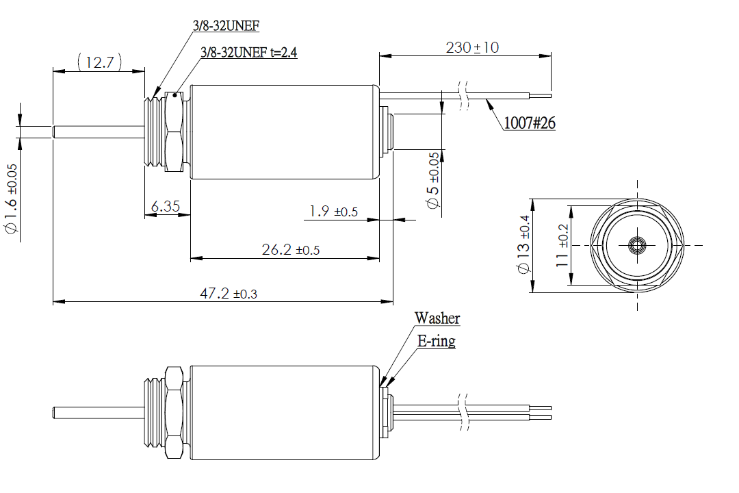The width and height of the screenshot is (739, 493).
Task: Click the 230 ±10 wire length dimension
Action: tap(472, 48)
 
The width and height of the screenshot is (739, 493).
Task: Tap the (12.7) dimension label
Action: tap(100, 63)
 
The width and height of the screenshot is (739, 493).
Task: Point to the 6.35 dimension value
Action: tap(166, 206)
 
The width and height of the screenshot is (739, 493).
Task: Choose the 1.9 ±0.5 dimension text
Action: tap(333, 212)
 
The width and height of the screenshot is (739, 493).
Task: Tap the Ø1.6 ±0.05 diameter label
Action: tap(12, 200)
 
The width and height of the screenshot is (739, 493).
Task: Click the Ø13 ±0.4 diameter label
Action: tap(525, 245)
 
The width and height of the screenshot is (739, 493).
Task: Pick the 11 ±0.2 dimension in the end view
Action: tap(562, 245)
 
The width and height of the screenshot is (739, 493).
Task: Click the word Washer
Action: tap(437, 318)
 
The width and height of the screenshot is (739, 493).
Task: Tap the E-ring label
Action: tap(437, 340)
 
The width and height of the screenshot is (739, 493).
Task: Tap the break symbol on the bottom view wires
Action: tap(465, 413)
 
